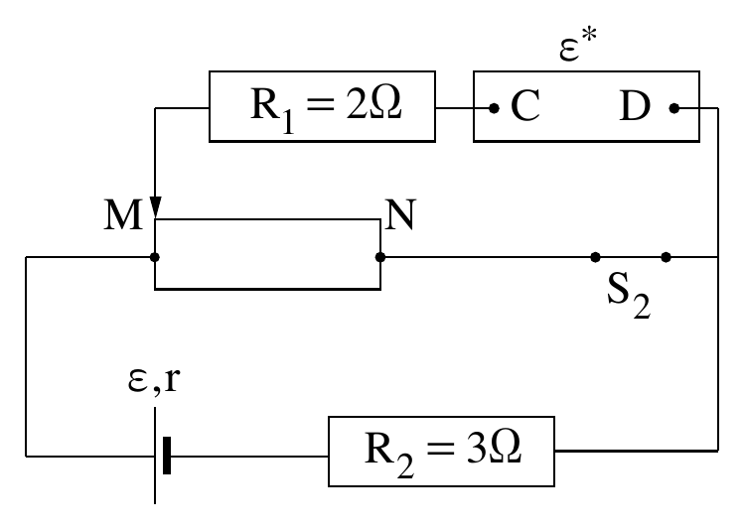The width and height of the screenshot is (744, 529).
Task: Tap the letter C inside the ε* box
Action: pyautogui.click(x=525, y=106)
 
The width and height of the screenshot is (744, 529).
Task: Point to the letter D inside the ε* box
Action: pyautogui.click(x=635, y=106)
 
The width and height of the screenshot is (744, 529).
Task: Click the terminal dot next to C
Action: pyautogui.click(x=494, y=108)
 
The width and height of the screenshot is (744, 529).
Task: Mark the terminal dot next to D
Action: pyautogui.click(x=673, y=108)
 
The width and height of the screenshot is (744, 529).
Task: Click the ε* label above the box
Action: pyautogui.click(x=578, y=45)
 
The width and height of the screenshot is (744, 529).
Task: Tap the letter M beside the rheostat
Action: pyautogui.click(x=123, y=214)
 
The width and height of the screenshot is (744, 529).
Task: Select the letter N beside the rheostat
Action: pyautogui.click(x=400, y=214)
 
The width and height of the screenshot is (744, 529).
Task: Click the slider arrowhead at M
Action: pyautogui.click(x=155, y=207)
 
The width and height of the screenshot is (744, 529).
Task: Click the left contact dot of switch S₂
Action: pyautogui.click(x=595, y=257)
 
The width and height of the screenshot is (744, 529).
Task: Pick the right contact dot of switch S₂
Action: pyautogui.click(x=666, y=257)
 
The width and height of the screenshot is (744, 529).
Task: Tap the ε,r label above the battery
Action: pyautogui.click(x=154, y=380)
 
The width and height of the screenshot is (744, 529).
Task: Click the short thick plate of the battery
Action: pyautogui.click(x=167, y=456)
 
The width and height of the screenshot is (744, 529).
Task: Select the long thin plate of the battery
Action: pyautogui.click(x=155, y=456)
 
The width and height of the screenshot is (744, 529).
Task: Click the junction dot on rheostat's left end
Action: pyautogui.click(x=155, y=257)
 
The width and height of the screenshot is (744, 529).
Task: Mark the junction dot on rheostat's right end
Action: pyautogui.click(x=380, y=257)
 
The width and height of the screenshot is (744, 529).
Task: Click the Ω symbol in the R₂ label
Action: pyautogui.click(x=506, y=448)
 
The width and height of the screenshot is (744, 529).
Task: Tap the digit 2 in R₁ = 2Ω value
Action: pyautogui.click(x=356, y=103)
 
